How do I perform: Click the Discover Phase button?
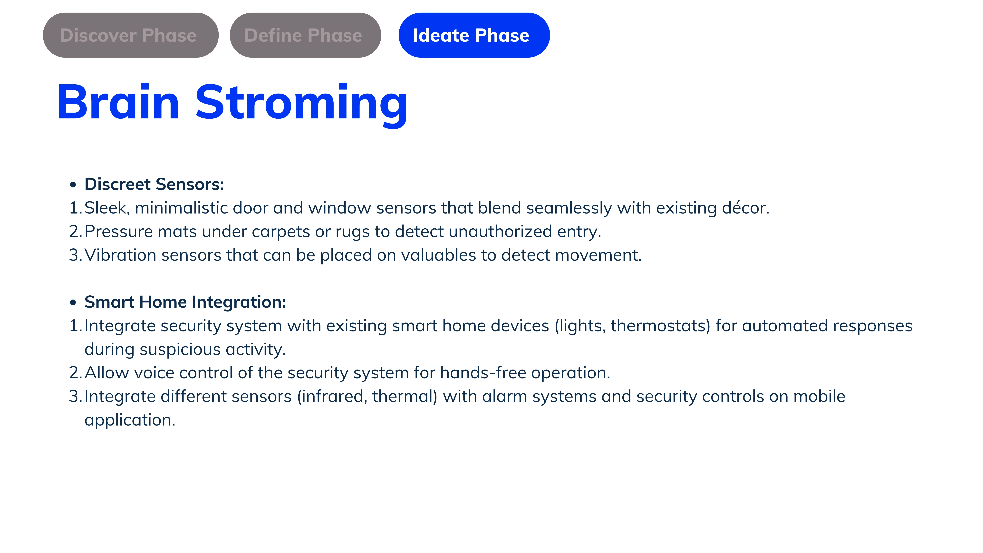pyautogui.click(x=131, y=35)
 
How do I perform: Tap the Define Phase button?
pyautogui.click(x=305, y=35)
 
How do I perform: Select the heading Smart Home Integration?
pyautogui.click(x=185, y=302)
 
